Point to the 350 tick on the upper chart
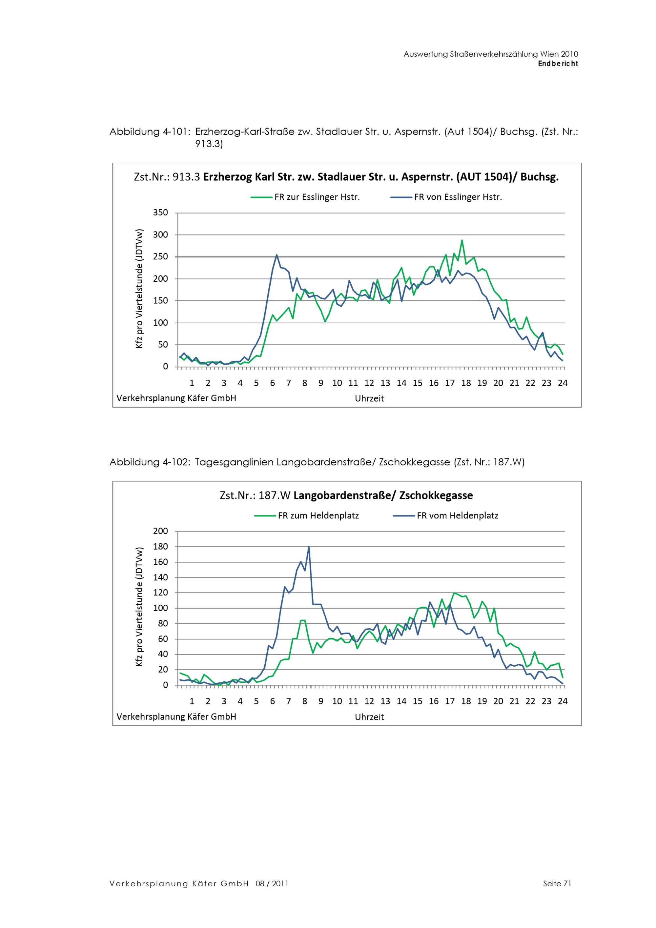click(x=160, y=212)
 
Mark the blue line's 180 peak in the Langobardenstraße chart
click(x=309, y=547)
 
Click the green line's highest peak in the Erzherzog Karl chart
click(x=462, y=240)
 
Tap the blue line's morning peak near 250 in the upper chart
click(x=277, y=255)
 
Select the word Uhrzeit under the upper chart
click(x=369, y=398)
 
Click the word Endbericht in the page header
click(x=558, y=64)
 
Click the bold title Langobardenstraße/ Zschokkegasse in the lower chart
click(x=383, y=495)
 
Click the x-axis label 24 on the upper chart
click(x=562, y=383)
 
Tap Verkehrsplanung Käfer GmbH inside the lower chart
click(x=176, y=716)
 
